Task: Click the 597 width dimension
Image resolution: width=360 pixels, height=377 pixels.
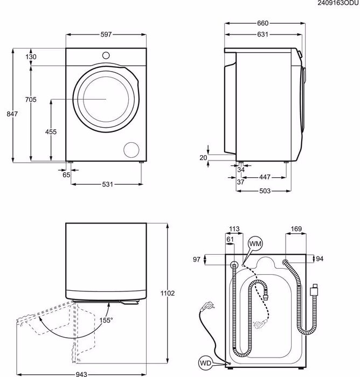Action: [106, 34]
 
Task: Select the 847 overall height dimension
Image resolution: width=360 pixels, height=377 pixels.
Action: [12, 114]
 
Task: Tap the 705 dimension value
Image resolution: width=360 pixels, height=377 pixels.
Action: [31, 99]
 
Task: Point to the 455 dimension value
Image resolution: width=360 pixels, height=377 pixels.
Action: [51, 132]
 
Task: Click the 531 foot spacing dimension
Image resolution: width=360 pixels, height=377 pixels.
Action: [107, 184]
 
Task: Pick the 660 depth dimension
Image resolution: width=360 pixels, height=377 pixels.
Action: [262, 23]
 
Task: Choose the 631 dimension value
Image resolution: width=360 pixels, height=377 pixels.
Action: [262, 34]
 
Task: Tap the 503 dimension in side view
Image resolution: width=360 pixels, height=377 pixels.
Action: [265, 191]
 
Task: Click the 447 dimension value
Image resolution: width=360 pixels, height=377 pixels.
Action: [265, 177]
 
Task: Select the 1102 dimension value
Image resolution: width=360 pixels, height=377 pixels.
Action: [168, 294]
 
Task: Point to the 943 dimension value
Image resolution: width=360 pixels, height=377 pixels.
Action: [81, 374]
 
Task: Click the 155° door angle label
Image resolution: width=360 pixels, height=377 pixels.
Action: [106, 320]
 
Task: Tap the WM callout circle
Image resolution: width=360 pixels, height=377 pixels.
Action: [255, 244]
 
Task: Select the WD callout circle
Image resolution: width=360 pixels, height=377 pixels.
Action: [205, 363]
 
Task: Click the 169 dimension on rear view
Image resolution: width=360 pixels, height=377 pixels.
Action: [296, 229]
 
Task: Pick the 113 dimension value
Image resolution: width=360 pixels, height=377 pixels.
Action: [234, 229]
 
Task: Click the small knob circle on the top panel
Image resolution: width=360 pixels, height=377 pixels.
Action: [106, 55]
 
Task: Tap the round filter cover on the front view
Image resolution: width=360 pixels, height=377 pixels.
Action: [131, 150]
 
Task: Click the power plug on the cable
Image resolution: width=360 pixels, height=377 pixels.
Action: [207, 306]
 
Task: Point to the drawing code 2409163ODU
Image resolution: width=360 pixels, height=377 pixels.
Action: [338, 3]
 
